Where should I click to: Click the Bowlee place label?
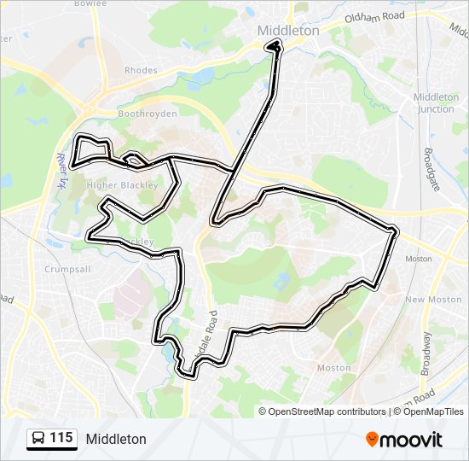[90, 3]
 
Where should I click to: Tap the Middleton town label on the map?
[288, 30]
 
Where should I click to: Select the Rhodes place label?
[141, 71]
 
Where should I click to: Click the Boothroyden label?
[147, 113]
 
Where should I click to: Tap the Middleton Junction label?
[436, 102]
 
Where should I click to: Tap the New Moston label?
[426, 300]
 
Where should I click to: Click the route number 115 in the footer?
[61, 438]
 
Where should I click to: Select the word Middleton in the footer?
[116, 439]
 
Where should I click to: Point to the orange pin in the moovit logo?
[372, 440]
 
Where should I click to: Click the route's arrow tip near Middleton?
[275, 45]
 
